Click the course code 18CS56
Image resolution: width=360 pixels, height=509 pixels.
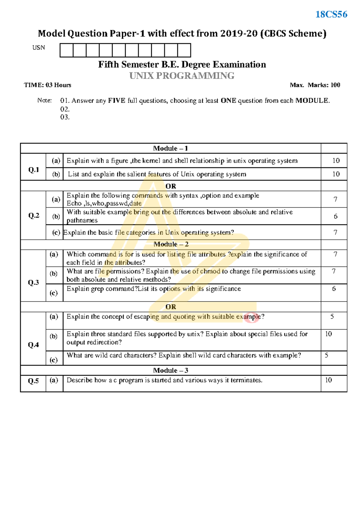pos(331,14)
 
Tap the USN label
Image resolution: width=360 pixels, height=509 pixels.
pos(39,48)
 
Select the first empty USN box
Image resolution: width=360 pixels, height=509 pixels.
pos(66,50)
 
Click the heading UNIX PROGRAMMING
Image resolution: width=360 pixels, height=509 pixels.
pos(182,76)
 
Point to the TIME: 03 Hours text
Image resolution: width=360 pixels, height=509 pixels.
pos(48,85)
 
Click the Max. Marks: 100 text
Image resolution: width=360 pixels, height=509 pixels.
pos(315,85)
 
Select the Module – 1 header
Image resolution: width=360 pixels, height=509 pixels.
pos(170,149)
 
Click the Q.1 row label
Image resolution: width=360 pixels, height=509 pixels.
pos(34,170)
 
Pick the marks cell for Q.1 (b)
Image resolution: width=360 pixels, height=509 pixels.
pos(336,174)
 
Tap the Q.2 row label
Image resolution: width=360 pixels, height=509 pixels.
pos(34,215)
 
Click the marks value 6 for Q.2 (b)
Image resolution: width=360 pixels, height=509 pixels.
pos(335,216)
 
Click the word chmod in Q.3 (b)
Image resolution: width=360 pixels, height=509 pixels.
pos(210,271)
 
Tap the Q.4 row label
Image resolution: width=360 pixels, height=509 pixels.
pos(33,345)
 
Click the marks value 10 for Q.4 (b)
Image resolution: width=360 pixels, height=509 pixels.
pos(328,334)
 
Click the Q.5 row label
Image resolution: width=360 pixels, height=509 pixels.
pos(33,381)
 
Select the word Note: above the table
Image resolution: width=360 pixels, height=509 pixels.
pos(44,101)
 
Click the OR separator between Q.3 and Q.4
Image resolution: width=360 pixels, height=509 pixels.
pos(171,307)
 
